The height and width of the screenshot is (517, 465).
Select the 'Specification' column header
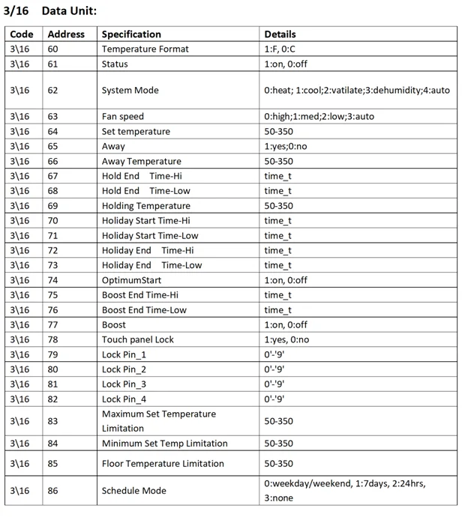click(x=131, y=34)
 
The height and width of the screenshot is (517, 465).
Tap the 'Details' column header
click(x=280, y=34)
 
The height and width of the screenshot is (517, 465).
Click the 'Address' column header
click(x=66, y=34)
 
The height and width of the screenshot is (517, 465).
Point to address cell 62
click(x=52, y=90)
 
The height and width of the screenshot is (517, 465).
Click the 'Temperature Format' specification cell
click(x=145, y=49)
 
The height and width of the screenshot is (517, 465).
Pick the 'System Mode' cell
click(x=130, y=90)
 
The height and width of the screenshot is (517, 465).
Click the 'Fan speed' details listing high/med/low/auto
click(x=319, y=116)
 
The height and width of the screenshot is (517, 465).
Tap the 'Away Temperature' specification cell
click(x=142, y=161)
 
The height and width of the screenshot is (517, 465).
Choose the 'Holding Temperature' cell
click(x=146, y=205)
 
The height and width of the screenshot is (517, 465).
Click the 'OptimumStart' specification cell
click(x=132, y=279)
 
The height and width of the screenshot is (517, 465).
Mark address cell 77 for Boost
click(x=52, y=324)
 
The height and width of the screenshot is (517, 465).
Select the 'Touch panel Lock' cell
click(x=138, y=339)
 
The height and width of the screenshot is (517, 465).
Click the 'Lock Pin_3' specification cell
click(x=124, y=384)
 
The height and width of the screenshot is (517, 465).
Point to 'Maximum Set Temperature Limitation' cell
click(x=159, y=421)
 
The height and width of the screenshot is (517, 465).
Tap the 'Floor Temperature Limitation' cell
click(x=163, y=463)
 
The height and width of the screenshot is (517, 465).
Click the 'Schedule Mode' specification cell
click(x=133, y=491)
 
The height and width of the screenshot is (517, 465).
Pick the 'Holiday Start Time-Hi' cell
click(x=148, y=220)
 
